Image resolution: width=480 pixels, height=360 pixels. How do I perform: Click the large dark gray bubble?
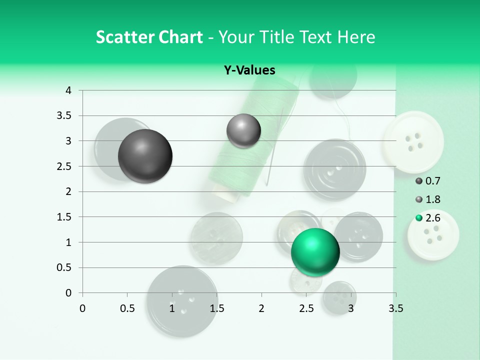(x=145, y=156)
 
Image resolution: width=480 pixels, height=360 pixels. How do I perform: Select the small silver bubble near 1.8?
(x=243, y=131)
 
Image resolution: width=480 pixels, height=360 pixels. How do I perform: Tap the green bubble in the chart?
(x=315, y=251)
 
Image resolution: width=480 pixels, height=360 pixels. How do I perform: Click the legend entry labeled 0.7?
(x=427, y=181)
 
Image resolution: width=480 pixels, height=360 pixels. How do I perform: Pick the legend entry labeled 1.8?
(x=427, y=199)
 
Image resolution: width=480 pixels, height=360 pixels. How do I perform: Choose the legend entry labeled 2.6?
(x=427, y=218)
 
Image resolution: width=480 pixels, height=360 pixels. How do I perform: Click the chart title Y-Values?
(x=249, y=70)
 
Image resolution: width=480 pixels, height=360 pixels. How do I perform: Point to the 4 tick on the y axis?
(x=69, y=90)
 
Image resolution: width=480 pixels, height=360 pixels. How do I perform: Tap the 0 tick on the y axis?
(x=69, y=293)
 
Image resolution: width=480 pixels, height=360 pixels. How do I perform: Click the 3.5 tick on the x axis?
(x=395, y=308)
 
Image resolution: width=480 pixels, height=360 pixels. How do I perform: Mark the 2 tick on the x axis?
(x=261, y=308)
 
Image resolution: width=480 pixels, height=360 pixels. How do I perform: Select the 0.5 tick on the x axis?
(x=127, y=308)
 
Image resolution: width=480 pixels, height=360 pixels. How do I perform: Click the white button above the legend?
(x=413, y=142)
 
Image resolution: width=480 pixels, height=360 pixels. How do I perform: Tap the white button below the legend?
(x=433, y=235)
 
